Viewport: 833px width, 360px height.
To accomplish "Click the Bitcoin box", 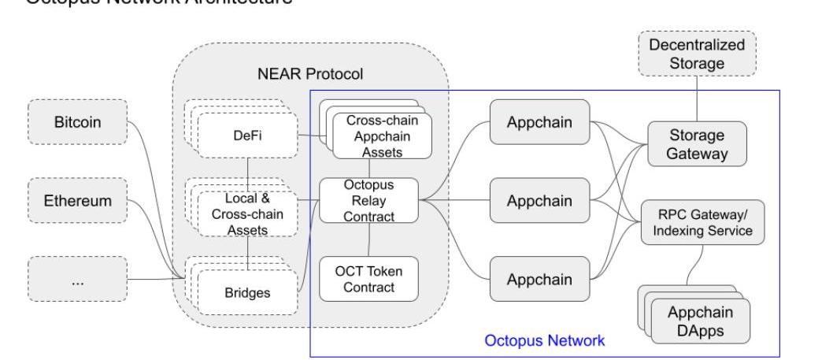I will (x=77, y=123).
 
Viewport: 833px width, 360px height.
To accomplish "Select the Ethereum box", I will (x=77, y=201).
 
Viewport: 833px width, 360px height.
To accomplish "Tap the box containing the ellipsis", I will (x=77, y=279).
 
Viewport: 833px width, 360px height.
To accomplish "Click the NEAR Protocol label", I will (x=310, y=74).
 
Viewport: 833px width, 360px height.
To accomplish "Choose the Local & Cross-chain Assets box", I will (x=248, y=213).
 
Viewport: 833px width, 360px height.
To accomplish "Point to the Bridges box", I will (x=248, y=292).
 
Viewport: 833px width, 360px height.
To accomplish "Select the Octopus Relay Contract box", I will (x=368, y=200).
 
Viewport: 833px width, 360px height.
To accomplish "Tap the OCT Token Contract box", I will (x=368, y=278).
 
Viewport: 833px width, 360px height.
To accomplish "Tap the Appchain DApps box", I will (x=701, y=321).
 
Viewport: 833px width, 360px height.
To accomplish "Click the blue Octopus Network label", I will (x=544, y=341).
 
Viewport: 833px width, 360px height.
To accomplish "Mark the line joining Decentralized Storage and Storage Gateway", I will (x=698, y=98).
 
